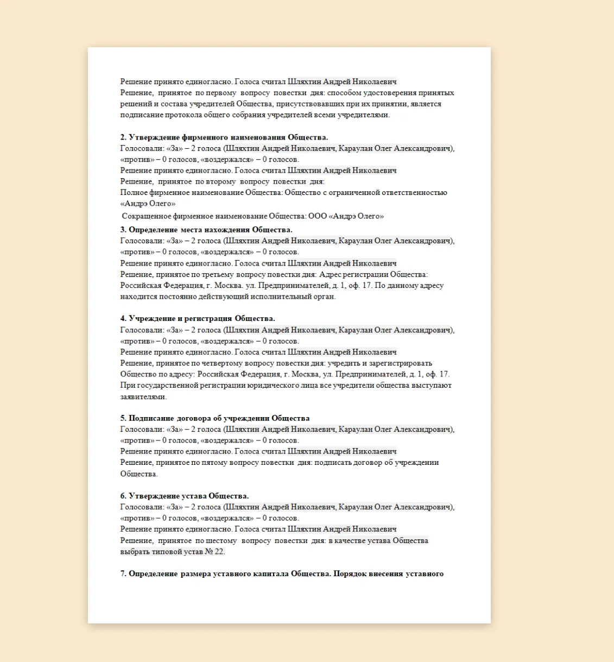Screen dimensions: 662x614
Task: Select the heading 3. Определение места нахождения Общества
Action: click(206, 230)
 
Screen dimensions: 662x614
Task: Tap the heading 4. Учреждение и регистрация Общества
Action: click(198, 319)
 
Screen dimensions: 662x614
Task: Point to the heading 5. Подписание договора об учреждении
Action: click(215, 418)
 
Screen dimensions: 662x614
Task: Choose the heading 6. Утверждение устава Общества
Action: click(185, 496)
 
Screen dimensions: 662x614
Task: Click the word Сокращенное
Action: click(146, 216)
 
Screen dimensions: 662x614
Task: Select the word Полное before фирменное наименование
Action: click(134, 193)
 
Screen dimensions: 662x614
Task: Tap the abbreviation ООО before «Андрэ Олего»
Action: click(318, 216)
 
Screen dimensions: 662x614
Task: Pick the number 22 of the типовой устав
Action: click(219, 552)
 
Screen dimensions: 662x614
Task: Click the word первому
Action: click(221, 93)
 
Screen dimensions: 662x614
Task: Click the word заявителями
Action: click(143, 397)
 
